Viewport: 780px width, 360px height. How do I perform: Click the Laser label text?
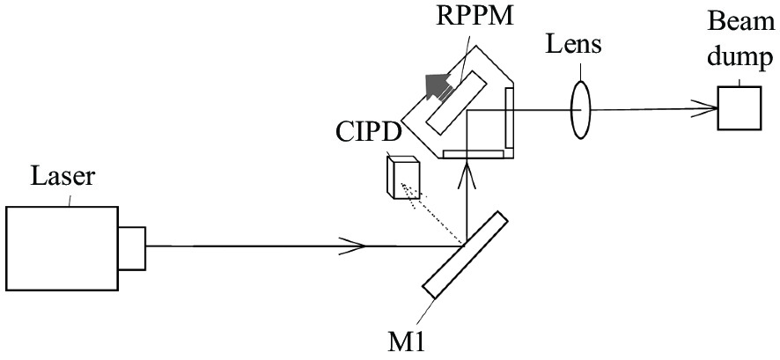coord(63,177)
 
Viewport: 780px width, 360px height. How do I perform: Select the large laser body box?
coord(63,248)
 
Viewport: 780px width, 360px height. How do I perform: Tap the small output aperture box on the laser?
coord(132,248)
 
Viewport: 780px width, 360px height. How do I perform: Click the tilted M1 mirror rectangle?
coord(465,255)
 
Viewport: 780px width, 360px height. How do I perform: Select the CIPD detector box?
coord(403,178)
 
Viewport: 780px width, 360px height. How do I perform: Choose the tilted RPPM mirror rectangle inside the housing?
coord(456,102)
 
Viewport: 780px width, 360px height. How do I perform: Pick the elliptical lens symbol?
coord(580,109)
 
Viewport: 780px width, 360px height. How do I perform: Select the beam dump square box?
coord(740,108)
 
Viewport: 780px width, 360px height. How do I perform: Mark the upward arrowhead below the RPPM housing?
coord(467,174)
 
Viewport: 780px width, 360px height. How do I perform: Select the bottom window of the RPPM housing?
coord(473,154)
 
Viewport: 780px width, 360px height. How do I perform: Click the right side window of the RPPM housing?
coord(509,117)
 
